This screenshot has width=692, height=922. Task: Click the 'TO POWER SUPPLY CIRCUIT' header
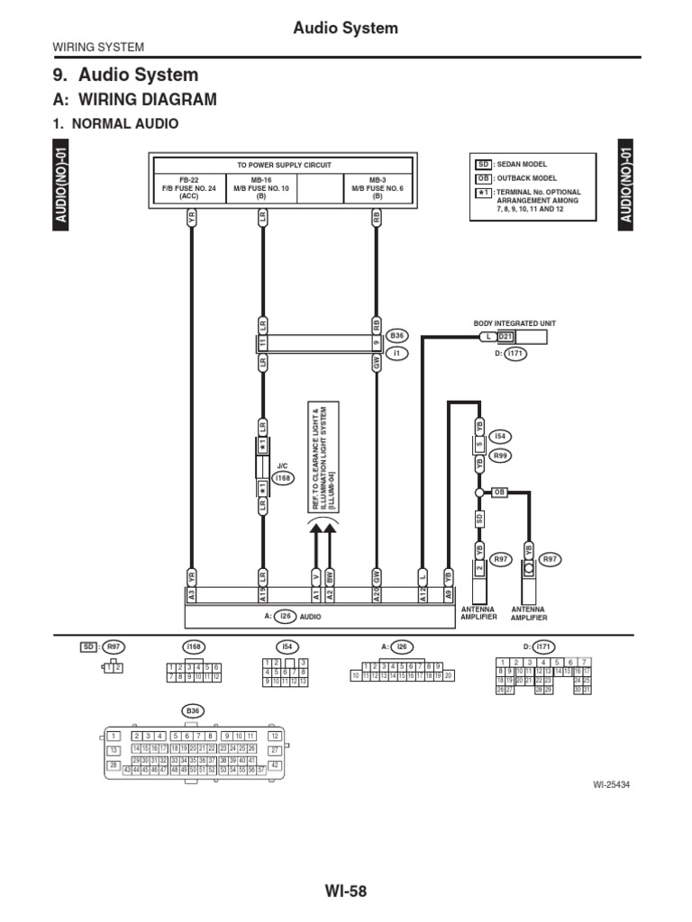pos(284,166)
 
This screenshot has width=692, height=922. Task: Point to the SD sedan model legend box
pos(483,165)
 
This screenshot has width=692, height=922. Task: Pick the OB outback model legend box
pos(483,178)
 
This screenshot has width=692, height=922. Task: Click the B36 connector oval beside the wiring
pos(397,336)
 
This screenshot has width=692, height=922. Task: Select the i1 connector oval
pos(397,353)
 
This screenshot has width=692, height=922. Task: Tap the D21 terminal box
pos(505,338)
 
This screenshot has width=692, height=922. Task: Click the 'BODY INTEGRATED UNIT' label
pos(510,321)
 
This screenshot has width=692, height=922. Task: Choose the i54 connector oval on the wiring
pos(501,436)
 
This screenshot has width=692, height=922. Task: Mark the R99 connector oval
pos(501,456)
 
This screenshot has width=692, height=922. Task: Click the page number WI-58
pos(346,891)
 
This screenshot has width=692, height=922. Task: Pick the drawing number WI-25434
pos(610,784)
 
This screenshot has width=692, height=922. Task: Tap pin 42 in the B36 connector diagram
pos(276,764)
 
